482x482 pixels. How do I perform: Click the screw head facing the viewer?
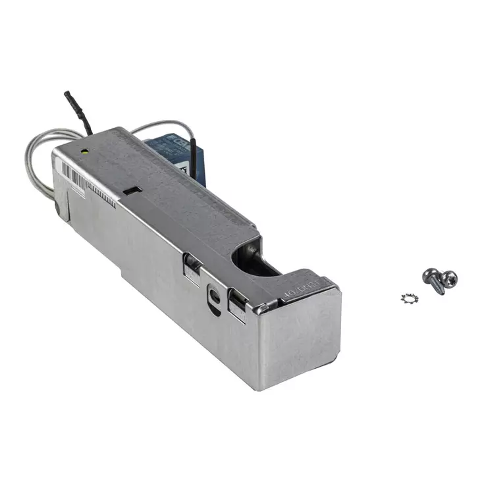coord(450,278)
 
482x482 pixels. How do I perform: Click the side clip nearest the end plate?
coord(238,306)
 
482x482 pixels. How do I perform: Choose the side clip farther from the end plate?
coord(192,266)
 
